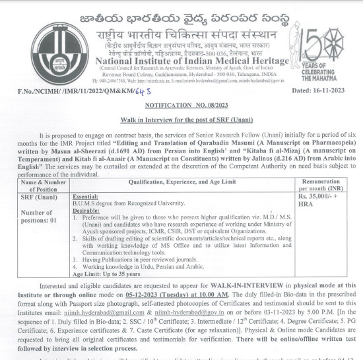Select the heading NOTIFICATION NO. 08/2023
(181, 105)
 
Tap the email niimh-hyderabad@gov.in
(192, 312)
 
